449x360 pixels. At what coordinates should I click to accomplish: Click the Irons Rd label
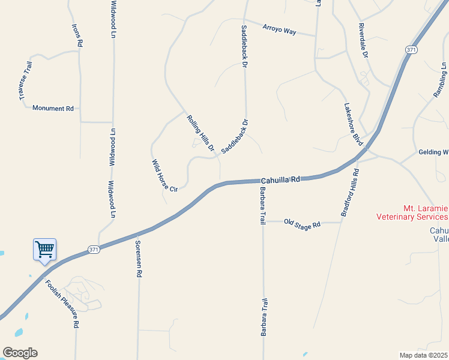[x=77, y=35]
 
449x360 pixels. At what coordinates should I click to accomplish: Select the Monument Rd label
[x=53, y=109]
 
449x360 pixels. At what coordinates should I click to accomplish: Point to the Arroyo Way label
[x=280, y=29]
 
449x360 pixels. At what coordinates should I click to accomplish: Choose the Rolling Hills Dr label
[x=200, y=137]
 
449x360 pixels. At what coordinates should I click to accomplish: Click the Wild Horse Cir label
[x=164, y=176]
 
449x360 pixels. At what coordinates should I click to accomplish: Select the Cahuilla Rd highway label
[x=280, y=179]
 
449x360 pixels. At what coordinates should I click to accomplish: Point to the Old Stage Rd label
[x=303, y=223]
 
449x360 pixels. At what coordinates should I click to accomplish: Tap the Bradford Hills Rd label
[x=350, y=193]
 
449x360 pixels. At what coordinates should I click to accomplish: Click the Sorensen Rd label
[x=138, y=259]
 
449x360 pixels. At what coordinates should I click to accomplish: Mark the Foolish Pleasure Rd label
[x=62, y=305]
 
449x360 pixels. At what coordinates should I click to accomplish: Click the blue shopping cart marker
[x=44, y=249]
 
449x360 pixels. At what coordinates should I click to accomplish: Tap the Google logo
[x=20, y=353]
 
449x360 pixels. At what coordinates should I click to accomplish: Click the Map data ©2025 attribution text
[x=424, y=355]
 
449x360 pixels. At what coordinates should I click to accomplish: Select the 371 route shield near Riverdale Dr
[x=411, y=50]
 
